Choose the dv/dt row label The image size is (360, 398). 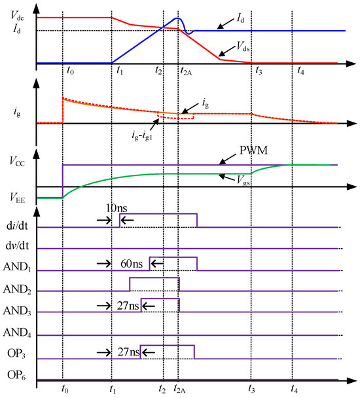[x=25, y=249]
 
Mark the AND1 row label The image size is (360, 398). [x=24, y=271]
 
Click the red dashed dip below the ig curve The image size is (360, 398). [x=175, y=118]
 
